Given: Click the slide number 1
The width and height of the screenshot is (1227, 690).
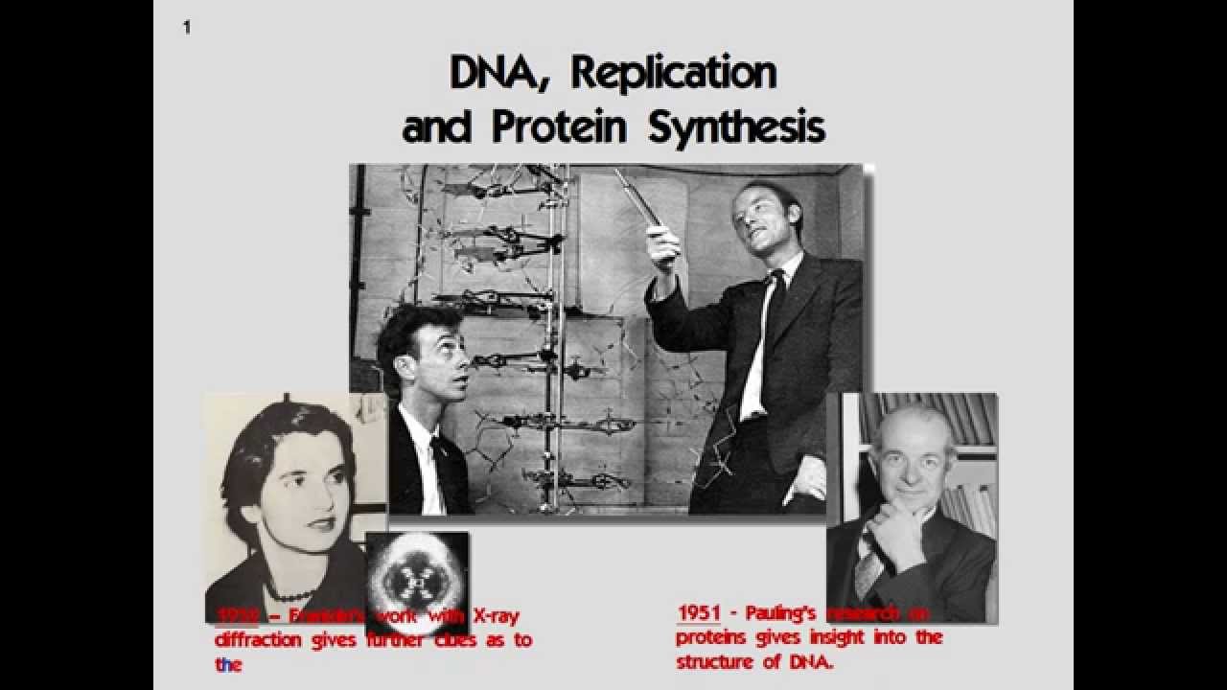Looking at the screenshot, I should click(187, 28).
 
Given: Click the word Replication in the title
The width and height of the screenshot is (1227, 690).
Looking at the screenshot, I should click(671, 73).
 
